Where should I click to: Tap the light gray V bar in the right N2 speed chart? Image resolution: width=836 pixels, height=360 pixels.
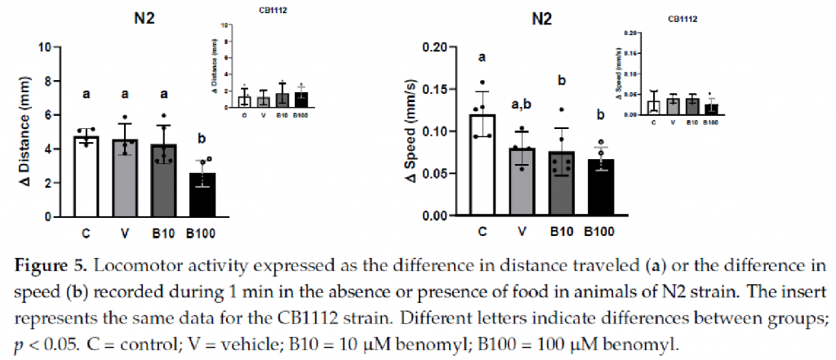(x=520, y=182)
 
